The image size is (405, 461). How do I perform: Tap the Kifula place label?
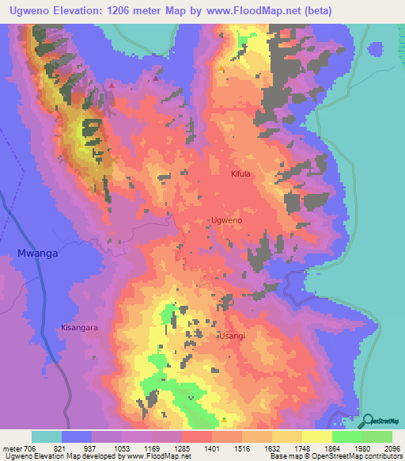(x=240, y=173)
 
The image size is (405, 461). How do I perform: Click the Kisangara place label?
(x=80, y=326)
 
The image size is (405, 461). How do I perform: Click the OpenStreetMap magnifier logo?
(x=369, y=421)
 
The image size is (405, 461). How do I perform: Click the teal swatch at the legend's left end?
(x=47, y=436)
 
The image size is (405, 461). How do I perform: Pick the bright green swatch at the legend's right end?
(x=377, y=436)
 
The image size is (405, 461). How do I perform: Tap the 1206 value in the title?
(x=129, y=10)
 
